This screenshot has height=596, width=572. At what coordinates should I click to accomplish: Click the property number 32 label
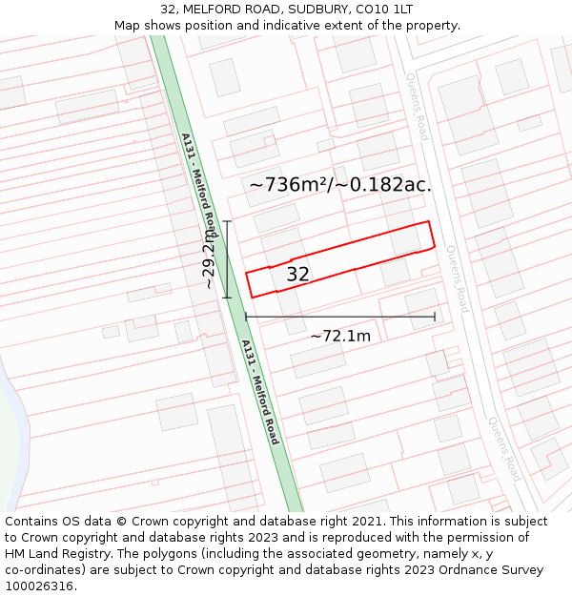(x=297, y=275)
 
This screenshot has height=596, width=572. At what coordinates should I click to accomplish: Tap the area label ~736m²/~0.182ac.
(x=340, y=185)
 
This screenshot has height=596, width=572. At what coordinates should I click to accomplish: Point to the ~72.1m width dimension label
(x=340, y=335)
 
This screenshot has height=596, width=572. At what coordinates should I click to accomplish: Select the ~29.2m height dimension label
(x=209, y=258)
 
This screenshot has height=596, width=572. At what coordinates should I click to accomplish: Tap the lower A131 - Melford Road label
(x=259, y=392)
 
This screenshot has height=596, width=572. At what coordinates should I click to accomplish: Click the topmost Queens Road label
(x=418, y=107)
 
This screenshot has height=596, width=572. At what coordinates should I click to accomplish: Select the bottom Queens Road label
(x=501, y=448)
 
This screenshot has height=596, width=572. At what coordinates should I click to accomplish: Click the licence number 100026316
(x=40, y=586)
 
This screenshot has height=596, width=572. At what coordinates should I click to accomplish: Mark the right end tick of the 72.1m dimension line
(x=435, y=317)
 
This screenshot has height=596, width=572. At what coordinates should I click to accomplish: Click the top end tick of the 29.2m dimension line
(x=227, y=221)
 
